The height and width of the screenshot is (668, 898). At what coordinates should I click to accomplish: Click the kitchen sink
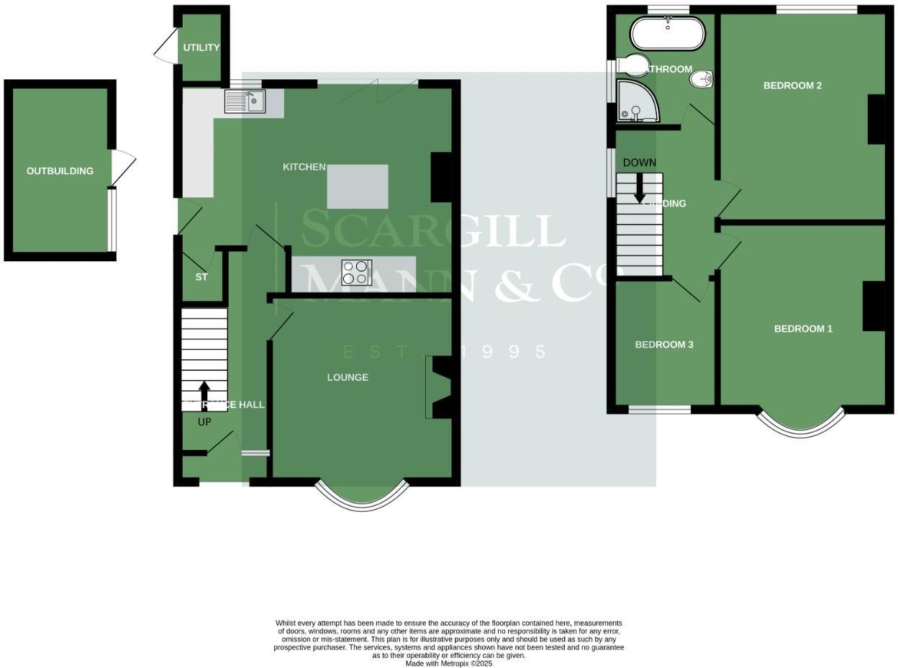[245, 101]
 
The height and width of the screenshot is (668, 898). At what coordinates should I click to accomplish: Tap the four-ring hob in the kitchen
[357, 272]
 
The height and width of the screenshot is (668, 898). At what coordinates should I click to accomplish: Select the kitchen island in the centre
[358, 186]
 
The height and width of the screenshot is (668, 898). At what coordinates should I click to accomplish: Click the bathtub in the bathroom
[668, 33]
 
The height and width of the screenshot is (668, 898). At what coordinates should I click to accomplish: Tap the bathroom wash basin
[700, 79]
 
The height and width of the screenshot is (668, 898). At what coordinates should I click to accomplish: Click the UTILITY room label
[201, 48]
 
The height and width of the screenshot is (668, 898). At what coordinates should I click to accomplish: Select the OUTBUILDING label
[60, 171]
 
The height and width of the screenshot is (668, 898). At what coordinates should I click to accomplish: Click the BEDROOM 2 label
[792, 86]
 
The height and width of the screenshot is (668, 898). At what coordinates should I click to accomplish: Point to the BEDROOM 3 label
[663, 345]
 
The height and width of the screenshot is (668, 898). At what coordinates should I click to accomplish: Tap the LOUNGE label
[348, 377]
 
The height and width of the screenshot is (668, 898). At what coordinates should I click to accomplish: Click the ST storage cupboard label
[201, 276]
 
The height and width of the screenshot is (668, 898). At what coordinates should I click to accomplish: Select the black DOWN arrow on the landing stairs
[639, 189]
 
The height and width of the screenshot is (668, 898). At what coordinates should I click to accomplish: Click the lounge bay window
[362, 499]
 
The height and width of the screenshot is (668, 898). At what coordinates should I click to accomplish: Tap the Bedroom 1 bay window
[800, 426]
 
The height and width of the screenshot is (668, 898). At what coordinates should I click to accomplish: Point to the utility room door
[165, 46]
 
